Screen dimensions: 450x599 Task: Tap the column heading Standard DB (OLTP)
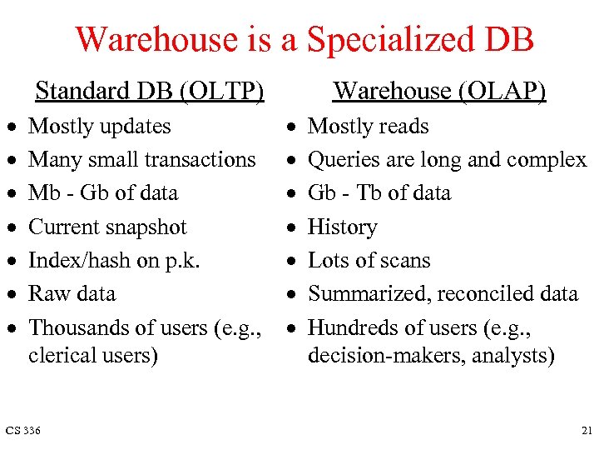tap(150, 90)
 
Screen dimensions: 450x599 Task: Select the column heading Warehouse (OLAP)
tap(439, 90)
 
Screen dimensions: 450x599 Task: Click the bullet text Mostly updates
tap(99, 127)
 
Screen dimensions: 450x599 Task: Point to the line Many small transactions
tap(141, 159)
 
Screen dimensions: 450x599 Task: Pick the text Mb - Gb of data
tap(103, 192)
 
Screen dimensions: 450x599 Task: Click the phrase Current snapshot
tap(107, 227)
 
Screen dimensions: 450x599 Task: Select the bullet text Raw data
tap(72, 293)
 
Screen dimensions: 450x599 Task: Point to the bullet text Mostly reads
tap(368, 127)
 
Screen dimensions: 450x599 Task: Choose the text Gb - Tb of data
tap(379, 192)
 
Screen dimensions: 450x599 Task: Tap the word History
tap(342, 227)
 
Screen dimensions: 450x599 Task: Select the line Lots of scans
tap(369, 260)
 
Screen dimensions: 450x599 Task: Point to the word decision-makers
tap(369, 355)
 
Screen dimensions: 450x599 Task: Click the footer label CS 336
tap(23, 430)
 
